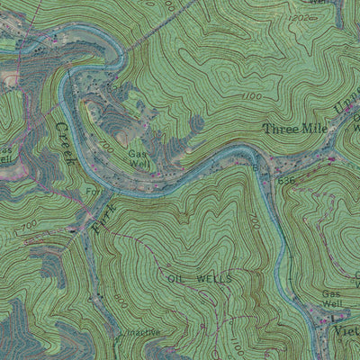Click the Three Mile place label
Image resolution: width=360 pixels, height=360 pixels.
coord(294,130)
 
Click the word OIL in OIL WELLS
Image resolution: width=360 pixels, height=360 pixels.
coord(178,279)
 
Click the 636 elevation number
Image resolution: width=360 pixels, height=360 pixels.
coord(286,180)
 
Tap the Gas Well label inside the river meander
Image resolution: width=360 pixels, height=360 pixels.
coord(138,159)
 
